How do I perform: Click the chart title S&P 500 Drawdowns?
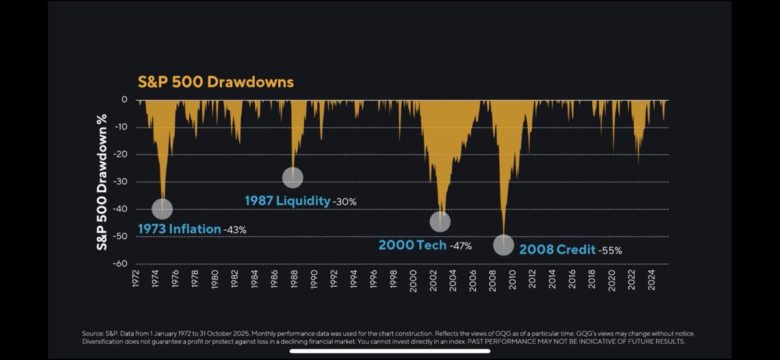pos(216,82)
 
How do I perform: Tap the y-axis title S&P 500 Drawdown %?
pos(101,182)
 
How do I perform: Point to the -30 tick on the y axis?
pos(120,182)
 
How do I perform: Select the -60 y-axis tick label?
pos(120,264)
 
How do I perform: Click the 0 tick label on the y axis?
pos(124,99)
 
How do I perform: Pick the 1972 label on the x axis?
pos(136,279)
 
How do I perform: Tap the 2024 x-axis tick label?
pos(651,280)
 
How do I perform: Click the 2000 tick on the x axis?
pos(413,281)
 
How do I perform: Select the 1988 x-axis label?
pos(294,279)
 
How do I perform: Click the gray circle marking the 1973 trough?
pos(162,209)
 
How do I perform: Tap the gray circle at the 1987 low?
pos(292,177)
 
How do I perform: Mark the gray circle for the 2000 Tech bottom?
pos(440,222)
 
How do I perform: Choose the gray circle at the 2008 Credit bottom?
pos(504,245)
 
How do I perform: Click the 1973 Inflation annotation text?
pos(179,229)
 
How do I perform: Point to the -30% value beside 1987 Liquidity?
pos(344,202)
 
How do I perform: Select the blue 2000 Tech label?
pos(413,245)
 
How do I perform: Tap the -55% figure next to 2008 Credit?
pos(610,251)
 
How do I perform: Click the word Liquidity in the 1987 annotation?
pos(303,201)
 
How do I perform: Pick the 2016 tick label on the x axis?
pos(572,279)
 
